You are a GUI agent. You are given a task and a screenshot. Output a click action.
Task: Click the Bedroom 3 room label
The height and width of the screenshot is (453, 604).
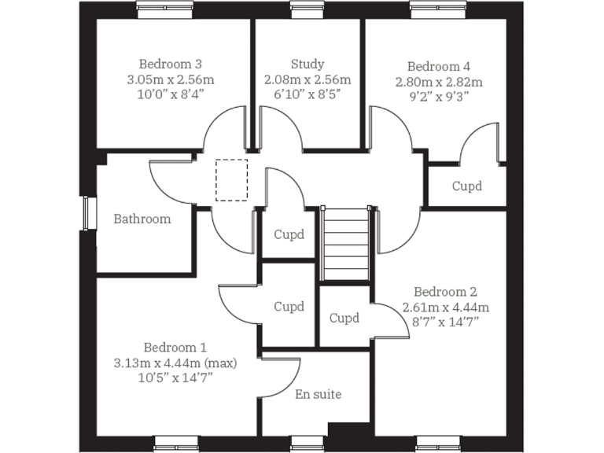click(x=171, y=64)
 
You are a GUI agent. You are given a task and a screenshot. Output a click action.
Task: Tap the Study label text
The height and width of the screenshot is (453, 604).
click(x=307, y=64)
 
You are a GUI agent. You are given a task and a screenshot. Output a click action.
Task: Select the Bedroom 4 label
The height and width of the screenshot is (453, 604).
click(x=439, y=66)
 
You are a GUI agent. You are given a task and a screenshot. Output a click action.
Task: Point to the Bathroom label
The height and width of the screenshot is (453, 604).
click(x=142, y=219)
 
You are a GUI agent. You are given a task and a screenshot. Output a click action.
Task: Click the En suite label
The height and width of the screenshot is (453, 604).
click(x=318, y=393)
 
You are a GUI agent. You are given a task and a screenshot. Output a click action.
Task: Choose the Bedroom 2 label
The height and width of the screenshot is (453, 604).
click(x=445, y=291)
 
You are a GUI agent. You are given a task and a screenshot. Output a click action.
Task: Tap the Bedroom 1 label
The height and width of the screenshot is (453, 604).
click(x=175, y=347)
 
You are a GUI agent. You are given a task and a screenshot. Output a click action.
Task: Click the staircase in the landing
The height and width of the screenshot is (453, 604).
click(x=346, y=244)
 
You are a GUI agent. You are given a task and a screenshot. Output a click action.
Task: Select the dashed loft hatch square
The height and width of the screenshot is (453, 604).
click(x=231, y=180)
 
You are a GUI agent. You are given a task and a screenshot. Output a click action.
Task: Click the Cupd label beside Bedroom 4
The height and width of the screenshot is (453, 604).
click(x=466, y=186)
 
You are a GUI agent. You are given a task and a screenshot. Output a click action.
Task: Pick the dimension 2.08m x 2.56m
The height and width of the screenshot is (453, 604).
click(x=307, y=79)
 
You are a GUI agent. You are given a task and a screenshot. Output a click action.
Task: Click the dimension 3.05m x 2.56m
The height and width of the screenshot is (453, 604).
click(x=171, y=79)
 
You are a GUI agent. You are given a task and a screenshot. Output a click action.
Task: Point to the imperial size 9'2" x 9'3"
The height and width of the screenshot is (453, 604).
click(x=439, y=97)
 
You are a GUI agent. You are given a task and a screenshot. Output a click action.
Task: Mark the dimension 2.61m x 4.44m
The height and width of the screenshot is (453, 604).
click(x=445, y=307)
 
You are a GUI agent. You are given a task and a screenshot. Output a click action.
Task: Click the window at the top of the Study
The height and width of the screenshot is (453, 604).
click(x=307, y=7)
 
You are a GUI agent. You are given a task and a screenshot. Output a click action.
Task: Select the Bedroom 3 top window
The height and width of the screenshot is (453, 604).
click(x=165, y=7)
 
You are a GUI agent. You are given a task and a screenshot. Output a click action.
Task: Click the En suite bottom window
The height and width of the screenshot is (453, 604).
click(x=307, y=444)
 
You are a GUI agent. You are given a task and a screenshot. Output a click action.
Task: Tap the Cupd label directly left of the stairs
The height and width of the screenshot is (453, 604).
click(x=289, y=234)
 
